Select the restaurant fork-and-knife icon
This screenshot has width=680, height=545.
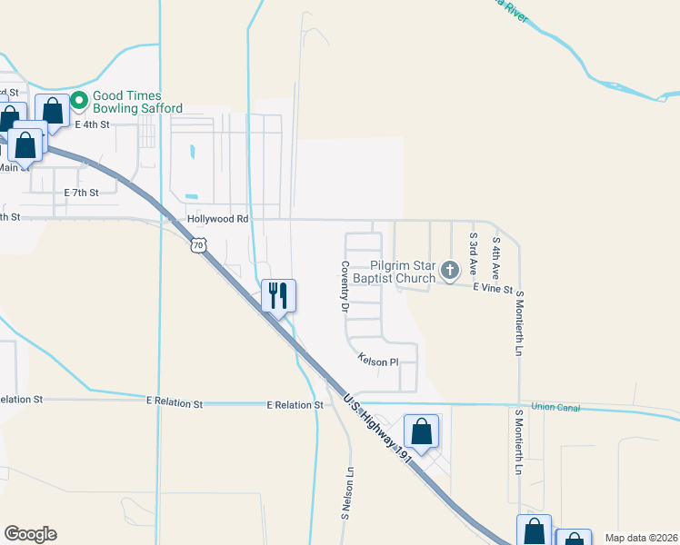(x=278, y=294)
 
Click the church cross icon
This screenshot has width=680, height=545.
(x=449, y=270)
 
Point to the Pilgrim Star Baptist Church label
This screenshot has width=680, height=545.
(x=393, y=271)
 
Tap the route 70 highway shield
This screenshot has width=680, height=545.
(x=199, y=245)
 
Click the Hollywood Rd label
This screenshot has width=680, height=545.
(x=217, y=219)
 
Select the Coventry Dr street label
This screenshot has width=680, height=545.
(x=345, y=287)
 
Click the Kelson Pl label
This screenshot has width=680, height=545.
(x=378, y=360)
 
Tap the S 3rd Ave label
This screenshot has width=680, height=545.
(x=473, y=253)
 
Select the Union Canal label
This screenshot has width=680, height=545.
(x=555, y=407)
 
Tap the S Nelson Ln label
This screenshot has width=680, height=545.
(x=346, y=493)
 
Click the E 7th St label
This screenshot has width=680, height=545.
(x=81, y=193)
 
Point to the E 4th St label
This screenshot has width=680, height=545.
(x=92, y=124)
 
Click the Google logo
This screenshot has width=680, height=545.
(x=30, y=534)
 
